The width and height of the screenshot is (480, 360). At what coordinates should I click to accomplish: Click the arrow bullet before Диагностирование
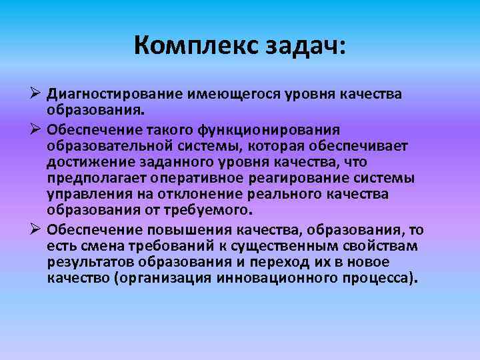37,94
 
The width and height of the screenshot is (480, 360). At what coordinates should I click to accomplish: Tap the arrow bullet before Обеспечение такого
37,128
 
